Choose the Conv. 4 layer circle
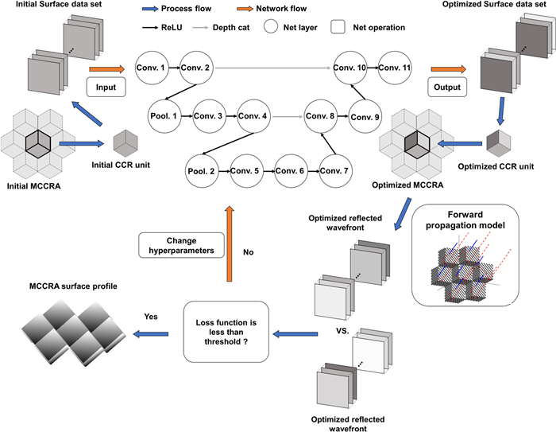pyautogui.click(x=256, y=116)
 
